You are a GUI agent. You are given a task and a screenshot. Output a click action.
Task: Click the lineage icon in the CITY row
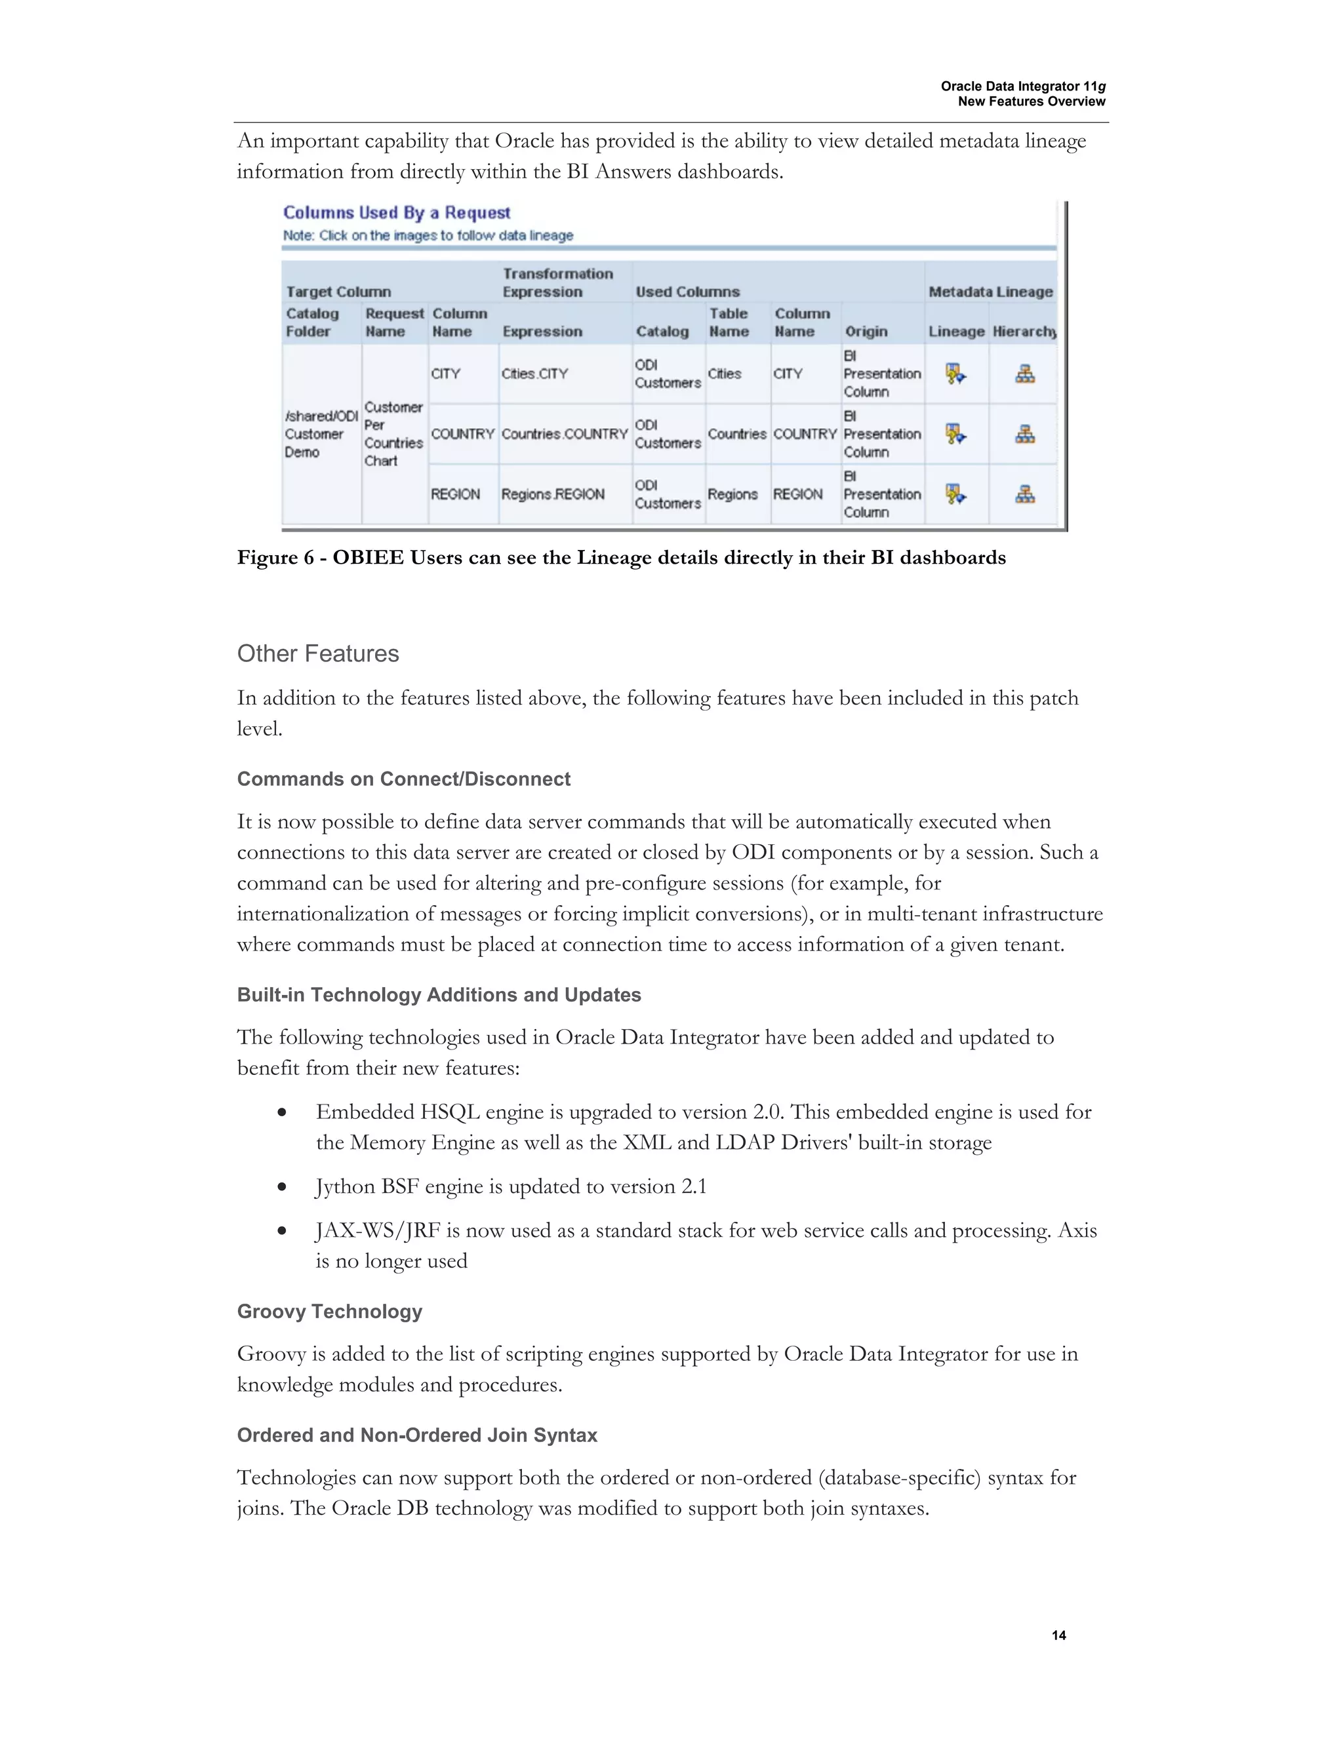point(955,373)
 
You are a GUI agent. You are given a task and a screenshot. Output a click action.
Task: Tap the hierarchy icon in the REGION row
point(1025,494)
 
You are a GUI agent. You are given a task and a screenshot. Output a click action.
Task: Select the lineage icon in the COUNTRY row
point(955,433)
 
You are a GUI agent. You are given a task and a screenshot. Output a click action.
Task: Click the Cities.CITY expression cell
point(534,374)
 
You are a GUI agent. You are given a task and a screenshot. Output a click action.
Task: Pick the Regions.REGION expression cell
point(553,494)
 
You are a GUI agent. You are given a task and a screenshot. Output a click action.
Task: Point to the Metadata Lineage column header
point(991,292)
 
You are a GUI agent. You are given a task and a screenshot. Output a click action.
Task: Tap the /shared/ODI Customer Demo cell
point(321,433)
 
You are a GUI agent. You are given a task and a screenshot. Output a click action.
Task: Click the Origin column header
point(866,332)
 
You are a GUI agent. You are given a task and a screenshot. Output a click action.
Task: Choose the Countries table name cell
point(736,434)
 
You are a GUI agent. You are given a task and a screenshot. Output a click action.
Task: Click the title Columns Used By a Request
point(396,212)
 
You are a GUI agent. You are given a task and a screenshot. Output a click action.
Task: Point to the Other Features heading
point(317,654)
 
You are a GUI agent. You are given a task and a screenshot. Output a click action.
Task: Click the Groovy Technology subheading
point(329,1312)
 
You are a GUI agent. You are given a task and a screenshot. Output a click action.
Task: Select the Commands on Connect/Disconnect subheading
point(403,779)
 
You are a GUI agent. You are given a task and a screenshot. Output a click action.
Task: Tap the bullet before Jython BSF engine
point(281,1188)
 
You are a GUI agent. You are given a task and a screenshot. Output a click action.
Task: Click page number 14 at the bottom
point(1058,1635)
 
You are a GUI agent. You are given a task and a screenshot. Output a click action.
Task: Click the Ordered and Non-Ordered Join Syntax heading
point(417,1435)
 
